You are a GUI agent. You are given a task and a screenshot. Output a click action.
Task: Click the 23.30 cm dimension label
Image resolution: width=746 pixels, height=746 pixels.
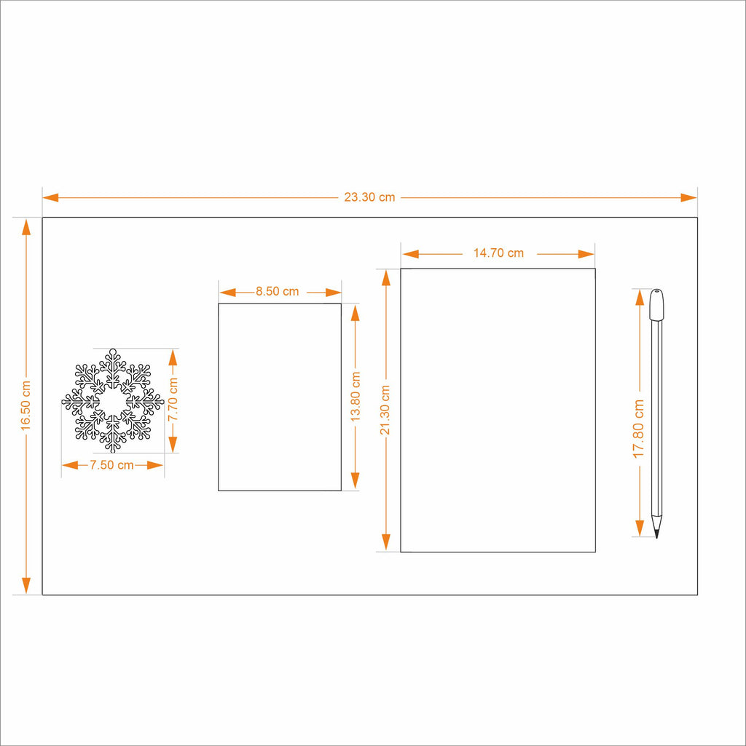coord(369,197)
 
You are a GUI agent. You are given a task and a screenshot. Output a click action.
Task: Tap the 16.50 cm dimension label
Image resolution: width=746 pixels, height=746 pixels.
coord(25,406)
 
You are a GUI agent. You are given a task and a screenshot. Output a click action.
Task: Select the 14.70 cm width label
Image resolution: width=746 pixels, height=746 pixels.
coord(498,253)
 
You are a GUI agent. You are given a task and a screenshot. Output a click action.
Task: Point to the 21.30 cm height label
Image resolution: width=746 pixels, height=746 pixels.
coord(385,410)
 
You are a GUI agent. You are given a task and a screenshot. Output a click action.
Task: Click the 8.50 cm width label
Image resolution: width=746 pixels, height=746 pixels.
coord(278,291)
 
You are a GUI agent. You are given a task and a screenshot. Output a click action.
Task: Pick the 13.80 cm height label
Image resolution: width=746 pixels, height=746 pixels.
coord(356,397)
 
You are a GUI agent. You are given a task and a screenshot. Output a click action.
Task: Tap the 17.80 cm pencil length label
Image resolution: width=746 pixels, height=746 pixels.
coord(638,429)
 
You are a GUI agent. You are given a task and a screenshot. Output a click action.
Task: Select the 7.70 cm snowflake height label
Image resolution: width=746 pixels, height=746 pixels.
coord(173,400)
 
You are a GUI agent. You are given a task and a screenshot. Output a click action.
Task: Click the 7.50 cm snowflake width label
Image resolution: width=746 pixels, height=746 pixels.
coord(112,465)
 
